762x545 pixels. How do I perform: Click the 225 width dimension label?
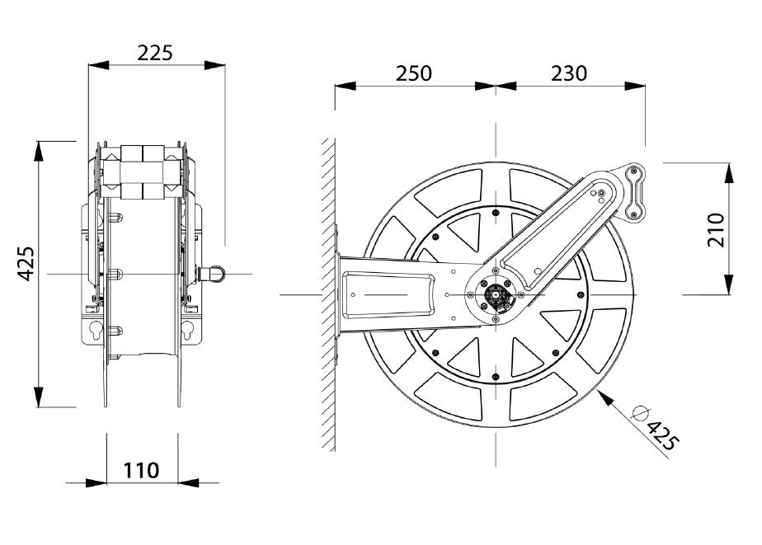click(154, 53)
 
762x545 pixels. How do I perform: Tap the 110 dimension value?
click(141, 470)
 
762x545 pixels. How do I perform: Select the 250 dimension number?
click(413, 73)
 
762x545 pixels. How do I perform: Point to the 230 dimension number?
click(569, 73)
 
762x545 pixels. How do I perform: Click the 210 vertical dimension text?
click(717, 230)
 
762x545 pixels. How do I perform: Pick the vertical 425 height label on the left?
click(26, 264)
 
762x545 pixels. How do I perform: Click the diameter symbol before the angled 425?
click(641, 413)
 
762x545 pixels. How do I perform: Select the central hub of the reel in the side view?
click(496, 294)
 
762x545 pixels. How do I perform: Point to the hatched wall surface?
click(328, 294)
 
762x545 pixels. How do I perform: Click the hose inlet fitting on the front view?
click(211, 274)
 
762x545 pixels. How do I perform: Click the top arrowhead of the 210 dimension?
click(729, 172)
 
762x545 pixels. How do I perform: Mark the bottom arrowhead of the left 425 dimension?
click(39, 397)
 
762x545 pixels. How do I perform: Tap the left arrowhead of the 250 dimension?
click(346, 87)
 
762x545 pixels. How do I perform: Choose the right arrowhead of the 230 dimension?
click(635, 87)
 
